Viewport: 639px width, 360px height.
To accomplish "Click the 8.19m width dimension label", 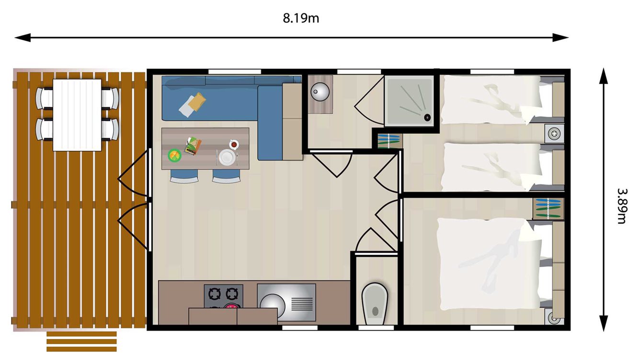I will (301, 19).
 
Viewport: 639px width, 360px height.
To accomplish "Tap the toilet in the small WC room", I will (375, 301).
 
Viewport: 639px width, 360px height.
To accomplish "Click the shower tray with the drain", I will (410, 101).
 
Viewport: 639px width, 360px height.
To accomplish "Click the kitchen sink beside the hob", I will (286, 302).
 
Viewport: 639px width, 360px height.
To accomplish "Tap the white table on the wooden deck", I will (77, 115).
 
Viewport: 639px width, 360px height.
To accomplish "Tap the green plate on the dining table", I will (174, 155).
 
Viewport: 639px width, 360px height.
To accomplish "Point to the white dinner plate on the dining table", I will (227, 157).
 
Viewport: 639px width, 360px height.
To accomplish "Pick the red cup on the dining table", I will (234, 143).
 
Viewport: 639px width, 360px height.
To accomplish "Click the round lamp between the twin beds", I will (554, 132).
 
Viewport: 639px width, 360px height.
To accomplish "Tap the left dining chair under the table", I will (184, 177).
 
